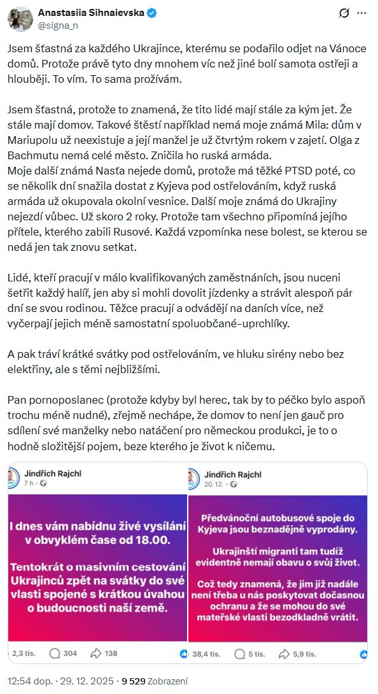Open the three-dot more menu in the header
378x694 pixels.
(x=362, y=13)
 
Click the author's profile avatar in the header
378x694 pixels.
(x=20, y=18)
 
